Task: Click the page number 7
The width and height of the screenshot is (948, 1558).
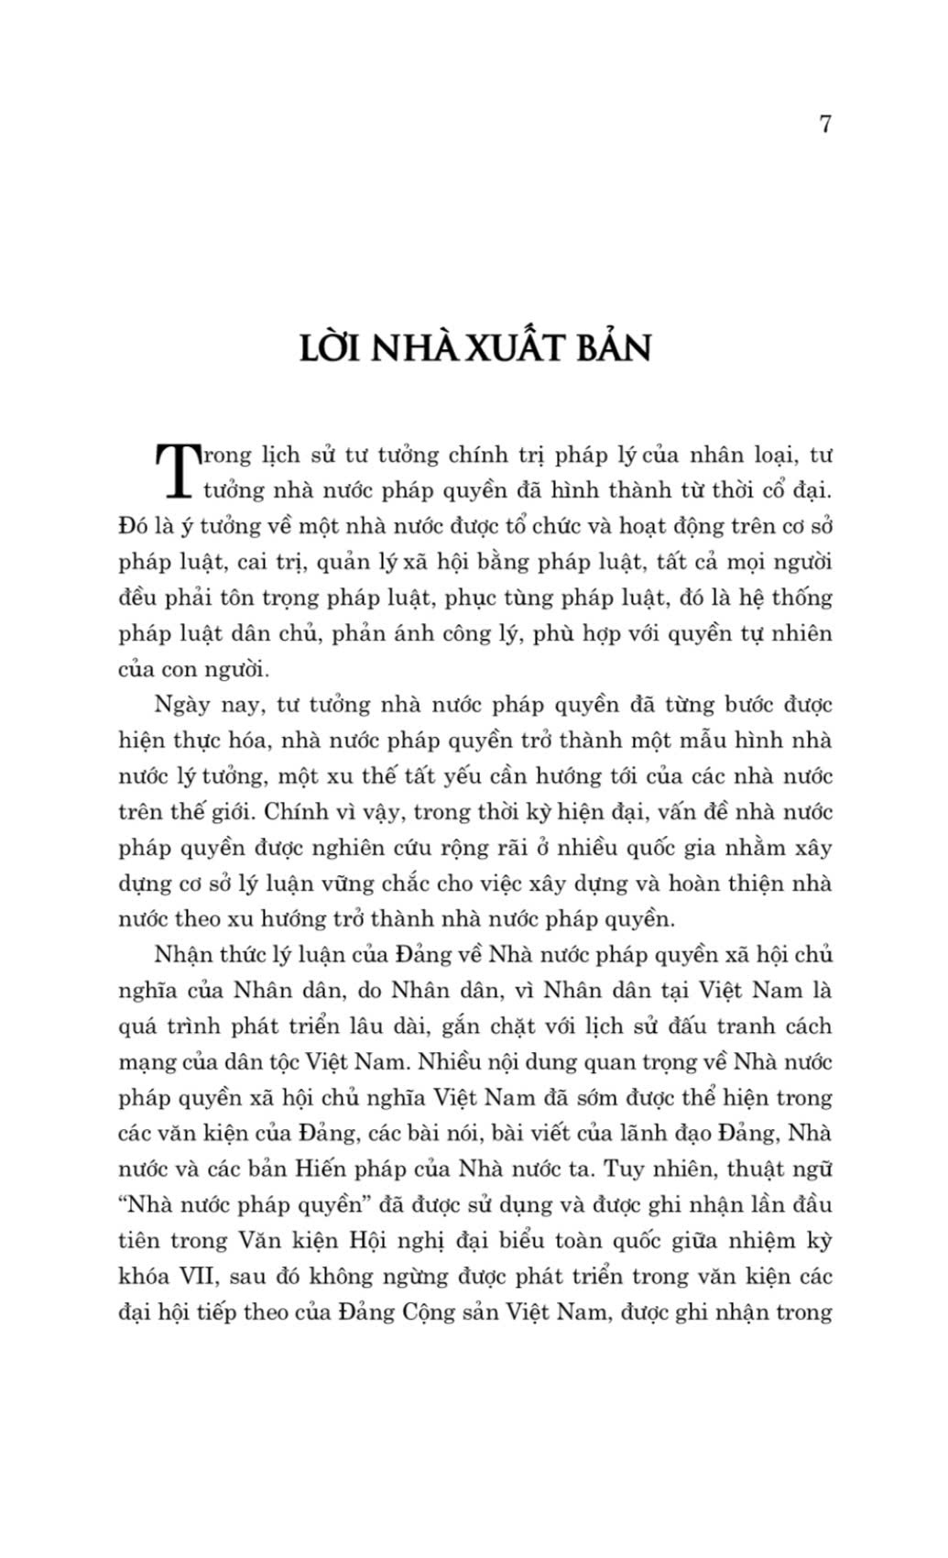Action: point(825,125)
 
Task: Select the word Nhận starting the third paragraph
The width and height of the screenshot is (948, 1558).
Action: point(183,956)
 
